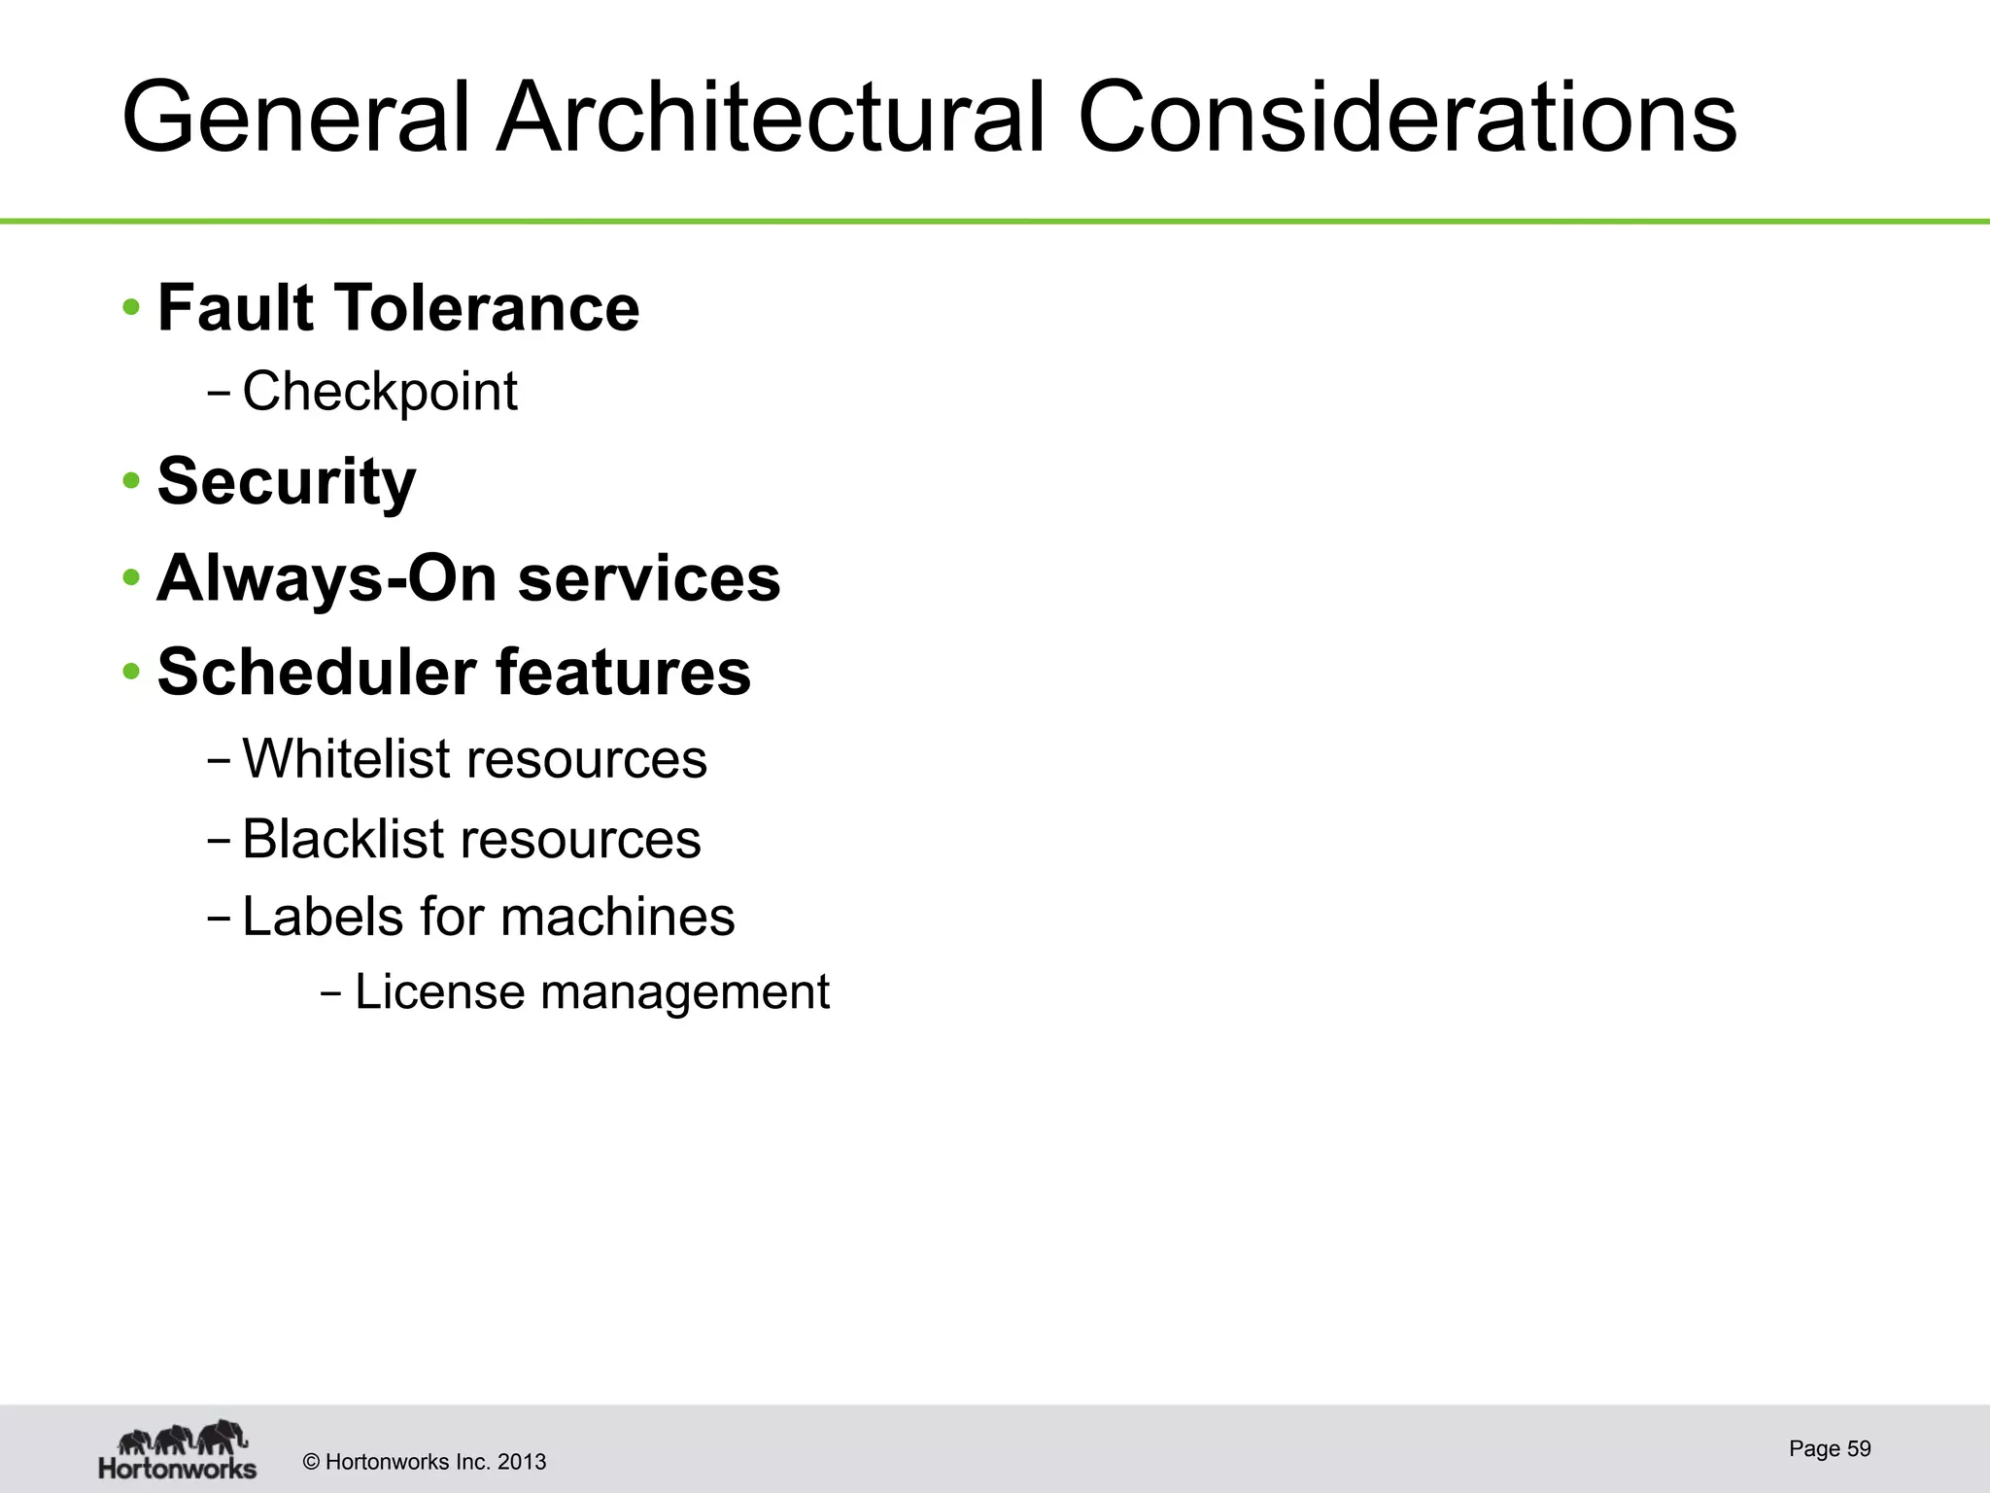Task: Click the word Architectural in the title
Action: tap(770, 119)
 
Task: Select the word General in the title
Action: tap(296, 119)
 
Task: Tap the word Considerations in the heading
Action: tap(1406, 119)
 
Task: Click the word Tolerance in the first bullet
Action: tap(487, 308)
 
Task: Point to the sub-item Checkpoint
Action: tap(379, 392)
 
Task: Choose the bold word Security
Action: tap(287, 482)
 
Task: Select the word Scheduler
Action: tap(317, 672)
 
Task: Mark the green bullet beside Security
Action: tap(131, 482)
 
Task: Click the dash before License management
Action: tap(330, 994)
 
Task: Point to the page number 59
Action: tap(1859, 1448)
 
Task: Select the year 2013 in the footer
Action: tap(522, 1462)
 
